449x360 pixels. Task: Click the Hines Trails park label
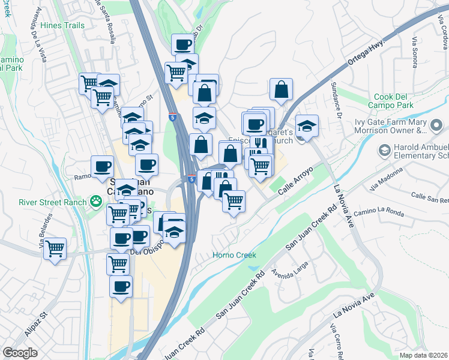pyautogui.click(x=63, y=26)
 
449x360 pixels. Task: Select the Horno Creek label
pyautogui.click(x=235, y=255)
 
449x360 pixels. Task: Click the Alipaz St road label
pyautogui.click(x=35, y=323)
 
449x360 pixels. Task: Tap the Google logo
pyautogui.click(x=20, y=353)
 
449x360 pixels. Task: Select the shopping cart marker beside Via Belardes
pyautogui.click(x=55, y=247)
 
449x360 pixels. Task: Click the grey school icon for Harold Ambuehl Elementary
pyautogui.click(x=382, y=149)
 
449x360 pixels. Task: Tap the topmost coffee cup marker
pyautogui.click(x=182, y=44)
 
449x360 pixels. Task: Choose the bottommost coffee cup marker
pyautogui.click(x=121, y=286)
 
